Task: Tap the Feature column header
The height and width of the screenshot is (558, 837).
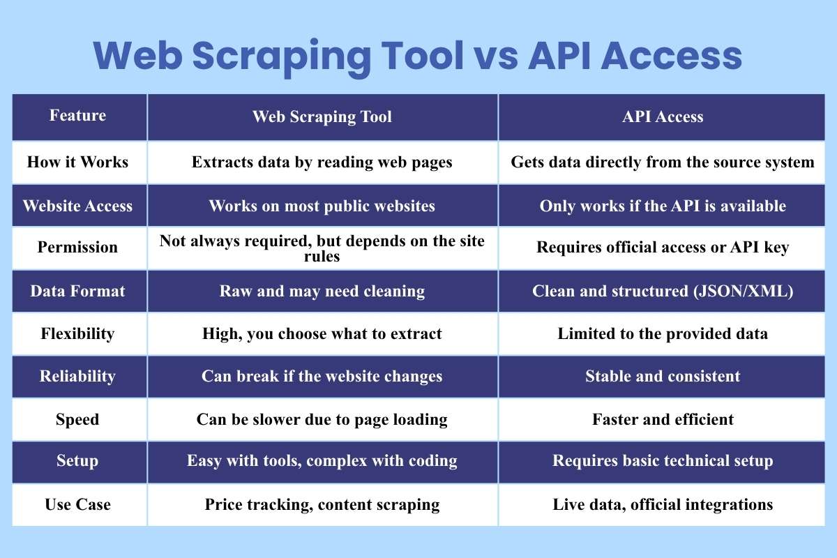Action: tap(77, 116)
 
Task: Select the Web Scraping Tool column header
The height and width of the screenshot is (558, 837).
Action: tap(322, 116)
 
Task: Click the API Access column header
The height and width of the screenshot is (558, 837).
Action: tap(663, 116)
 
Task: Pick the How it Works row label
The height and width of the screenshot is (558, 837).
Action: tap(77, 163)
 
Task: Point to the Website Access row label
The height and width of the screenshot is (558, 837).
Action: tap(77, 206)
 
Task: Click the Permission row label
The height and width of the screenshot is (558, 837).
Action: tap(77, 248)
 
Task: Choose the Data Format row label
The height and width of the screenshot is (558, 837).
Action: tap(77, 291)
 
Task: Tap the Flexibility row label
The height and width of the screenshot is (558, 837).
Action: tap(77, 333)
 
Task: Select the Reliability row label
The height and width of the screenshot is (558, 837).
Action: tap(77, 376)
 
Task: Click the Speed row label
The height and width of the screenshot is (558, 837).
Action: tap(77, 419)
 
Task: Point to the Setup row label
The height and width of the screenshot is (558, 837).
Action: tap(77, 461)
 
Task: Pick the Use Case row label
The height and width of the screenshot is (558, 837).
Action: tap(77, 504)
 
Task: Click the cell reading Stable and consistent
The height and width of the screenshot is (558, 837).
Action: tap(663, 376)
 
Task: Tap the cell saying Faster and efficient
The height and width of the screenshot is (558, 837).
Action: tap(663, 419)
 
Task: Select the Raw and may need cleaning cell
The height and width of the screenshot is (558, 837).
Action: tap(322, 291)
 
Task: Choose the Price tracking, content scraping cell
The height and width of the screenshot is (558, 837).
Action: tap(322, 504)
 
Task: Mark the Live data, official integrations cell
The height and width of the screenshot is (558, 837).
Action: tap(663, 504)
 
